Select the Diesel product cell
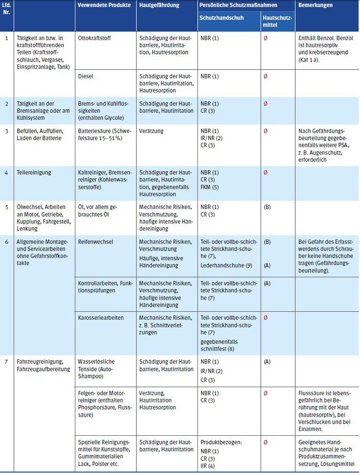[86, 76]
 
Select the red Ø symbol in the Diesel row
[266, 76]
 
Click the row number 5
[6, 207]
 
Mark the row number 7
[6, 362]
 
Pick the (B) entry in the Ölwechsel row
[267, 207]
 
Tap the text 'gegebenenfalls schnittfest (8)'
[219, 346]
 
